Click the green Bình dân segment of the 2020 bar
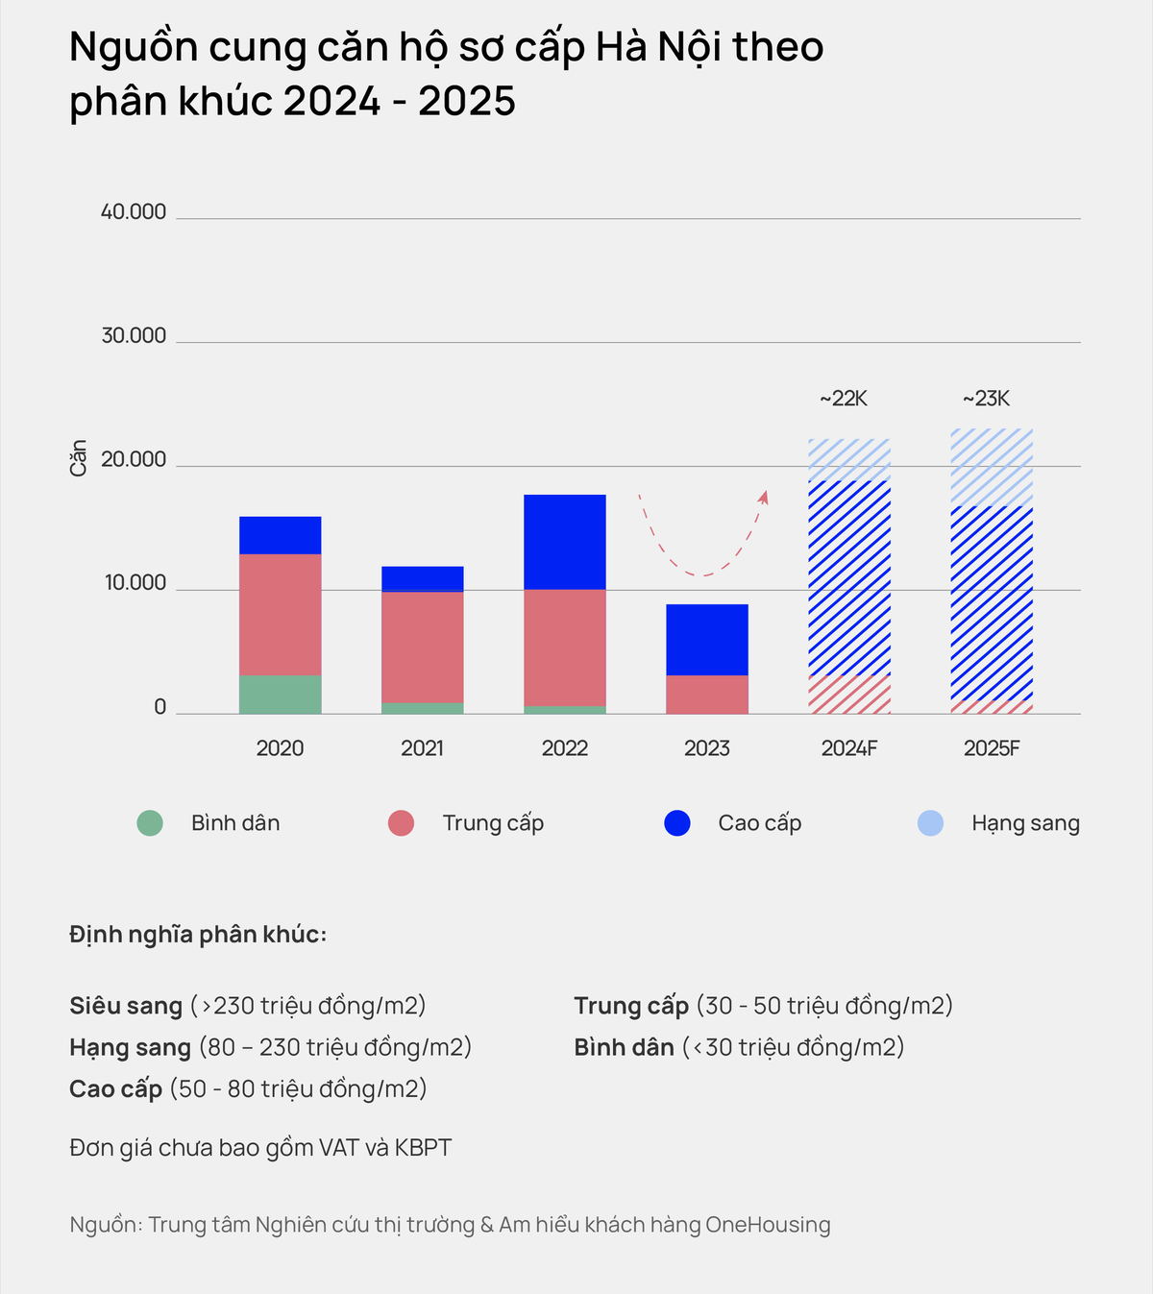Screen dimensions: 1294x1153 [280, 695]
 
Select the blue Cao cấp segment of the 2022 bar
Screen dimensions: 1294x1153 [565, 542]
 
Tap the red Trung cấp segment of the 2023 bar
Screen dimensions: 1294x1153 [707, 695]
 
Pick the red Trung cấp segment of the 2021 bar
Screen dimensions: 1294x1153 [423, 647]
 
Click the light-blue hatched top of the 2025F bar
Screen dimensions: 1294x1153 [992, 468]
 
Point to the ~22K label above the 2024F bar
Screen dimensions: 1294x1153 [844, 399]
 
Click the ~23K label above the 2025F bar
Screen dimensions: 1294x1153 [987, 399]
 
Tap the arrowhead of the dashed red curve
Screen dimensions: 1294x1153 [764, 497]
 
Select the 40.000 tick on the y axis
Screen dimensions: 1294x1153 [134, 212]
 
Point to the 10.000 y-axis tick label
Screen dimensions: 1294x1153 [135, 583]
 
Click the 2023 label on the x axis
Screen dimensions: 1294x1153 [707, 748]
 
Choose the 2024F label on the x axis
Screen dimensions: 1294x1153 [849, 748]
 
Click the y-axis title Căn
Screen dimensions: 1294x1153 [79, 458]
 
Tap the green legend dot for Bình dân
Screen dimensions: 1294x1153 [150, 823]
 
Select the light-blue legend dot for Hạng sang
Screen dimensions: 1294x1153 [930, 823]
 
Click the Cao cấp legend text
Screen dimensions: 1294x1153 [759, 823]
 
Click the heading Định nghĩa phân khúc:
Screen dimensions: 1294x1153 [198, 935]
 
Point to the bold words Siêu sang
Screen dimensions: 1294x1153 [126, 1006]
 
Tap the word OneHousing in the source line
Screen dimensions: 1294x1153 [768, 1225]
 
